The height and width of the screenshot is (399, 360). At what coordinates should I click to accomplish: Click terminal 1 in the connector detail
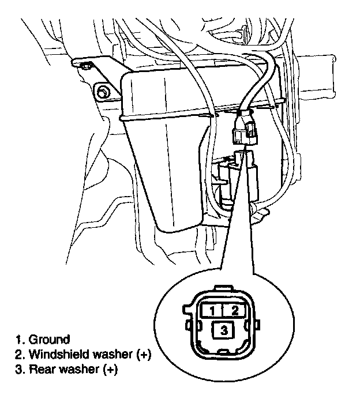(x=212, y=310)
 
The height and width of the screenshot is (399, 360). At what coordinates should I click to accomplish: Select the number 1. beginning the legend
(x=20, y=339)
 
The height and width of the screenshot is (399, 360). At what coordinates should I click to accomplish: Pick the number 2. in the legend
(x=20, y=354)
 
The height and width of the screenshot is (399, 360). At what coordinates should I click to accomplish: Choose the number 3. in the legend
(x=20, y=369)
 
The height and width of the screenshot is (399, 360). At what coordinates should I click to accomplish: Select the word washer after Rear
(x=74, y=369)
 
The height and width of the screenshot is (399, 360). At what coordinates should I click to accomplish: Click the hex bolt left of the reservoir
(x=104, y=91)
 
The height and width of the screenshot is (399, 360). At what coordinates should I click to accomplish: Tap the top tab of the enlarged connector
(x=222, y=289)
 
